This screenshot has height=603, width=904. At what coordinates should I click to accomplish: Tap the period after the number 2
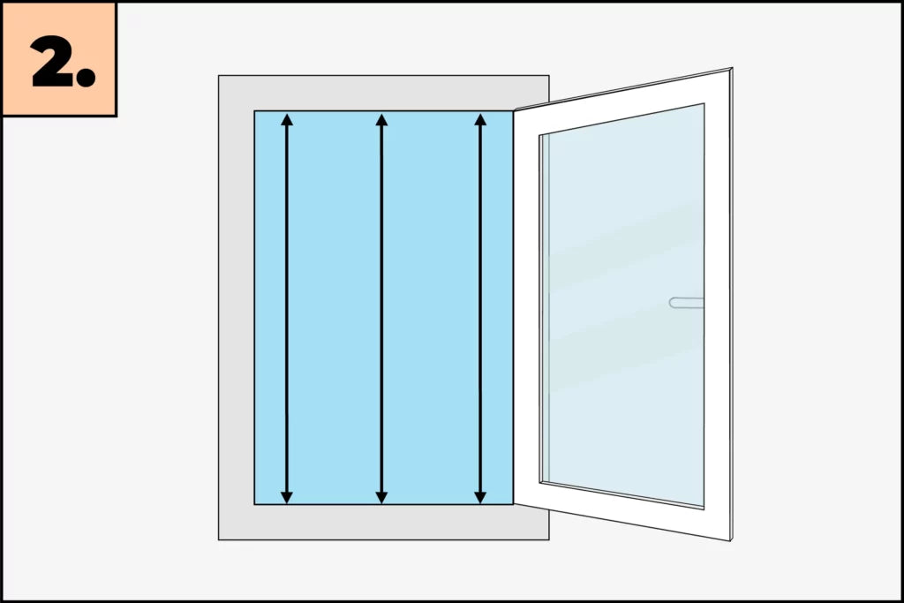click(86, 77)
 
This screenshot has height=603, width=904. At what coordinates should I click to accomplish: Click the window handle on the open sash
click(686, 303)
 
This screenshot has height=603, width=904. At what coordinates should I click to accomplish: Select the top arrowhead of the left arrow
click(287, 119)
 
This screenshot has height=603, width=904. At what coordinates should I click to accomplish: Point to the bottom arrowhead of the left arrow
click(287, 498)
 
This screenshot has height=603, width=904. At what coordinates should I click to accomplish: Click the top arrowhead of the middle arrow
click(381, 119)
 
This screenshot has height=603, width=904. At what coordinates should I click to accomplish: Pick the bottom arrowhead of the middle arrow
click(381, 498)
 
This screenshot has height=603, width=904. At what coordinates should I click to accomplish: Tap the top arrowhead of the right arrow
click(480, 119)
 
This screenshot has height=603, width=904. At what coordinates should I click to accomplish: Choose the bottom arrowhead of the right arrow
click(480, 498)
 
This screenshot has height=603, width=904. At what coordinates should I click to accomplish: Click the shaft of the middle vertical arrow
click(381, 308)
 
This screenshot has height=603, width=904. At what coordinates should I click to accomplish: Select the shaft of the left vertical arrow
click(287, 308)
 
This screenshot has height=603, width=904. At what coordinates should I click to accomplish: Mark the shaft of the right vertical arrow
click(480, 308)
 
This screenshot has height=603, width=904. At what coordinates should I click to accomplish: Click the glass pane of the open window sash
click(622, 305)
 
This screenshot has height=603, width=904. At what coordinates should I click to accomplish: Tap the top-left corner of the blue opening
click(255, 111)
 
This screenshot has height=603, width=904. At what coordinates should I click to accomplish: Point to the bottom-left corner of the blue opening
click(255, 504)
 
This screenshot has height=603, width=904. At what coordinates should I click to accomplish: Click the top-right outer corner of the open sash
click(732, 68)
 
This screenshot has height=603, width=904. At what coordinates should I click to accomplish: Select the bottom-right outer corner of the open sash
click(731, 540)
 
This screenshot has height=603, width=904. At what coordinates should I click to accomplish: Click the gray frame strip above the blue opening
click(383, 93)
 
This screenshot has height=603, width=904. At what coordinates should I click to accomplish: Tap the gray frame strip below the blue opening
click(383, 523)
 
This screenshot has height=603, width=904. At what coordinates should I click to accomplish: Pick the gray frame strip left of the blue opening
click(237, 308)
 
